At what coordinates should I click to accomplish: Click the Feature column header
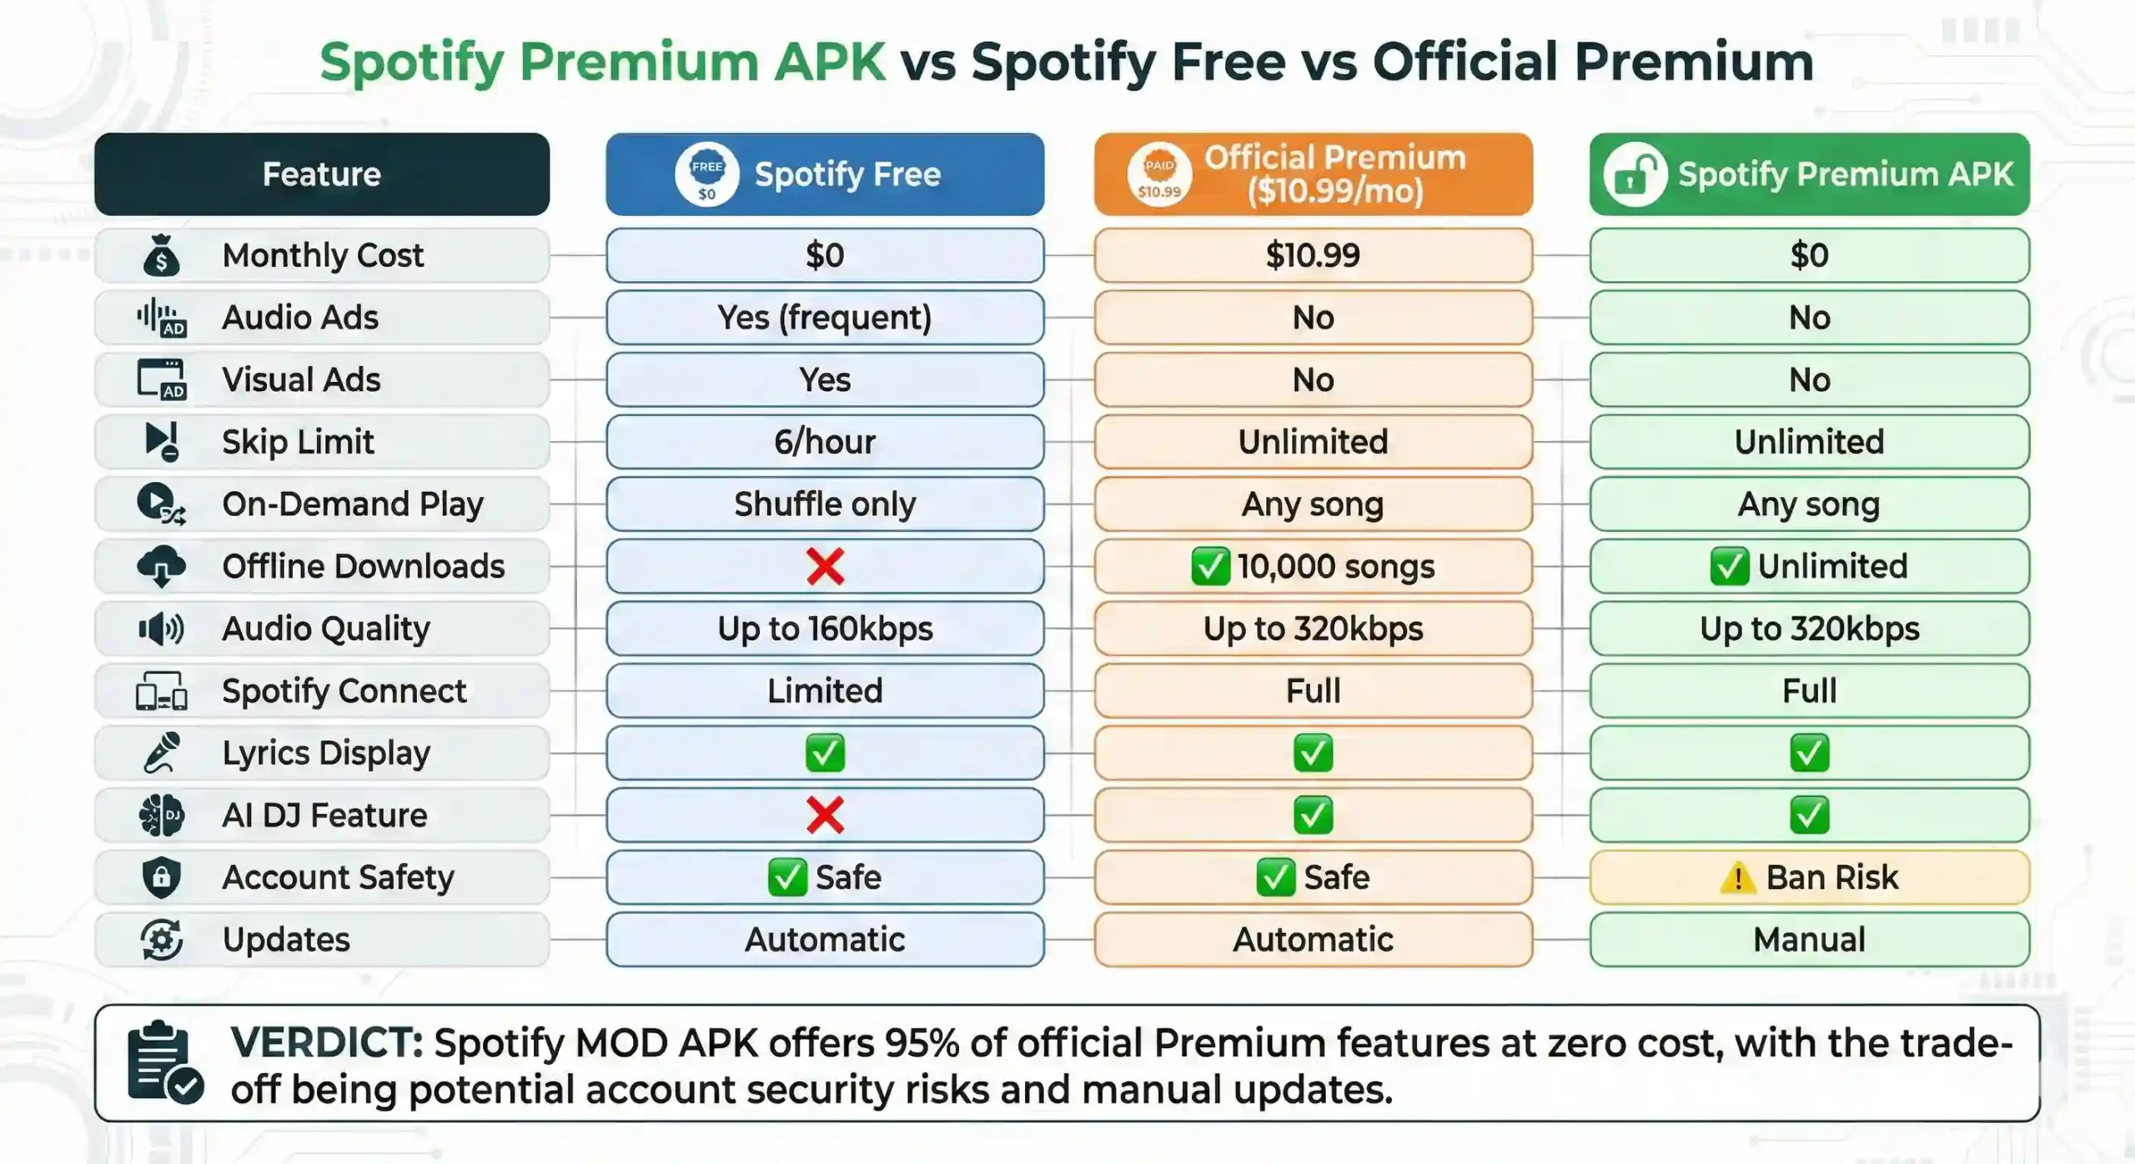pos(322,174)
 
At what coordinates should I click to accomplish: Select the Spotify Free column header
pos(825,174)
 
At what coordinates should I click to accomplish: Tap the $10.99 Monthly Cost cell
pos(1313,255)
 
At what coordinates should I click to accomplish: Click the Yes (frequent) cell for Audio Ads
pos(825,318)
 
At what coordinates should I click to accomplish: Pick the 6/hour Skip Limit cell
pos(825,442)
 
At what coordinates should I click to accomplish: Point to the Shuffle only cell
pos(825,504)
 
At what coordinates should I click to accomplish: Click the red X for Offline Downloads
pos(825,566)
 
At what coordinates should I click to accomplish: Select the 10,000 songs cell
pos(1313,566)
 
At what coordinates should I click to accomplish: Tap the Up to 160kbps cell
pos(825,629)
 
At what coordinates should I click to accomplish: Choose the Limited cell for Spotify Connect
pos(825,691)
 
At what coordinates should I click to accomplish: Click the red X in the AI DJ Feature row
pos(825,815)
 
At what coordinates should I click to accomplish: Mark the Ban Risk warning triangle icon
pos(1738,877)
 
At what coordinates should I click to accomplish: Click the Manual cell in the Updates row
pos(1809,940)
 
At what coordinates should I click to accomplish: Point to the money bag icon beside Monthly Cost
pos(161,255)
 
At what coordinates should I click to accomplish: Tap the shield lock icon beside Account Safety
pos(161,877)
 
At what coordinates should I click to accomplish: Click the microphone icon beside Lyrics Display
pos(161,753)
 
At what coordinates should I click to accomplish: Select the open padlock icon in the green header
pos(1634,175)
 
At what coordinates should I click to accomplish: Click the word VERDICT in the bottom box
pos(326,1042)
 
